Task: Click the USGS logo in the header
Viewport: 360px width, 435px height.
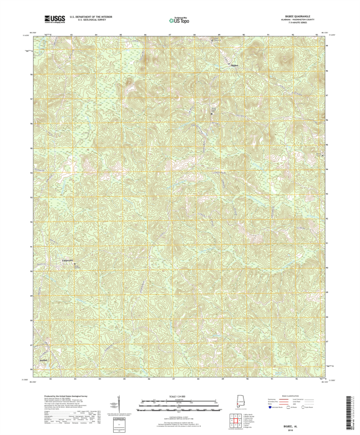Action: point(55,18)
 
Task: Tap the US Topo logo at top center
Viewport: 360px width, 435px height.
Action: point(179,20)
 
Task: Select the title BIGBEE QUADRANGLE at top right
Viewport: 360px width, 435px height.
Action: point(297,16)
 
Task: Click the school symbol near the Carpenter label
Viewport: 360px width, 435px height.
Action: point(76,265)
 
